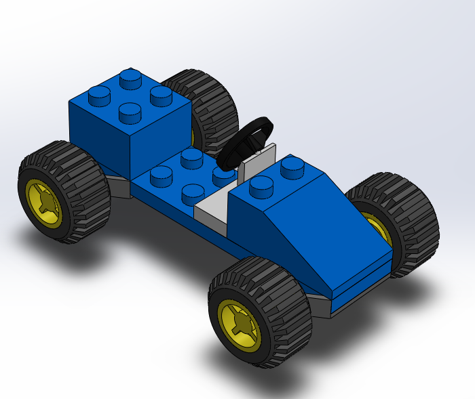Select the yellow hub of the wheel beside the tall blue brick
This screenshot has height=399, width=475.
(45, 201)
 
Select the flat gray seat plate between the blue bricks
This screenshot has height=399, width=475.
(212, 207)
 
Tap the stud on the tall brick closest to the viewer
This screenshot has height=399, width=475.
(130, 112)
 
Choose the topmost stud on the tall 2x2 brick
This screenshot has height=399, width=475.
(130, 78)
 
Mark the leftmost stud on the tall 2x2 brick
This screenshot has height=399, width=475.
(99, 96)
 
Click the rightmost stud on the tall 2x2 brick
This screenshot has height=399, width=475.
(161, 95)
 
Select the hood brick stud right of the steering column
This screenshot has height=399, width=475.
(292, 165)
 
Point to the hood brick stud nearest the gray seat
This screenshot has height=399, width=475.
(261, 185)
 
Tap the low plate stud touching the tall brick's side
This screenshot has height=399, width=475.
(161, 175)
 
